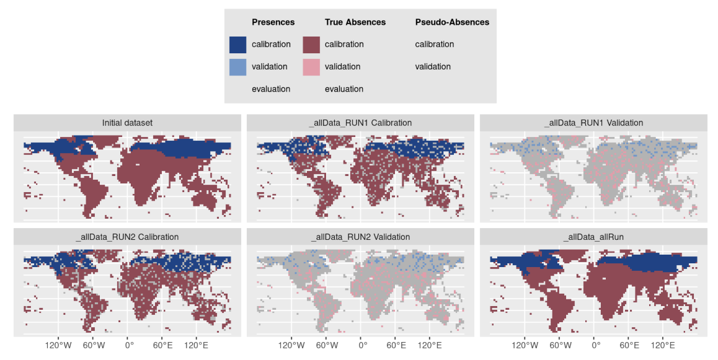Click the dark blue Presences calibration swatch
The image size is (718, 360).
pos(237,45)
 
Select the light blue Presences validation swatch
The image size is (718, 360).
pos(237,67)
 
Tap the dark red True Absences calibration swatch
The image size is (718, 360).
pos(311,45)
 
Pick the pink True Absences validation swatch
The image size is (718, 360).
pos(311,67)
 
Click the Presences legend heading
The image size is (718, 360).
pos(273,22)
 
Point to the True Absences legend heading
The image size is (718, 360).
pos(355,22)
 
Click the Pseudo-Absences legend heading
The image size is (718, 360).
pos(452,22)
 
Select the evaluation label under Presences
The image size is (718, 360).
pos(271,89)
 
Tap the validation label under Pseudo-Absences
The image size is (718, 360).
pos(433,67)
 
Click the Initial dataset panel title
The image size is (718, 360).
pos(127,123)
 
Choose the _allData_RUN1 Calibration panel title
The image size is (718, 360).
pos(360,123)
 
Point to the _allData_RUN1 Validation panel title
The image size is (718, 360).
pos(593,123)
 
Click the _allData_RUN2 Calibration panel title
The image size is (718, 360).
pos(127,237)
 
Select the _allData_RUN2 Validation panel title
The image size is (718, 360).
pos(360,237)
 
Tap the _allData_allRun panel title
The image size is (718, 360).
pos(593,237)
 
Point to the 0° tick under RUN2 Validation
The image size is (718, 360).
pos(362,345)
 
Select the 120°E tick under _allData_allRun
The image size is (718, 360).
pos(663,345)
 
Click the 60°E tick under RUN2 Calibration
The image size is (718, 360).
pos(162,345)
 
